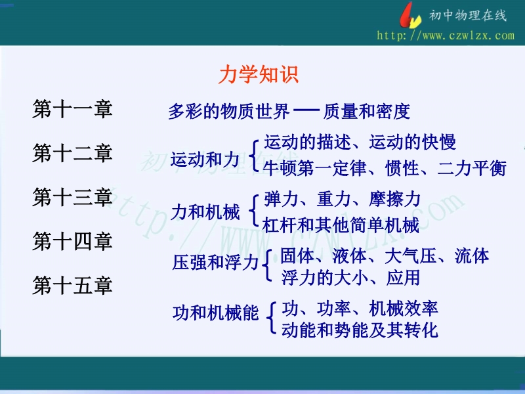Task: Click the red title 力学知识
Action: coord(258,74)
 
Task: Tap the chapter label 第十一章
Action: coord(72,109)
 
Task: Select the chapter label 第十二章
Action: coord(72,153)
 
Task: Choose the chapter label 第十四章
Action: coord(72,241)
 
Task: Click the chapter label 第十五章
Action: coord(72,285)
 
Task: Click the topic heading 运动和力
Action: coord(205,159)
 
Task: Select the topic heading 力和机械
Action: coord(205,212)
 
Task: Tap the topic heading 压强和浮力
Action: coord(216,262)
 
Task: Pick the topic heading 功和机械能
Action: coord(216,313)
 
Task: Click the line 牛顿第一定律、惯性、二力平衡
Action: coord(385,168)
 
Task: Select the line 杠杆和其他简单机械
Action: coord(341,225)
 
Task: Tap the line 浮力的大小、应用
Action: coord(350,278)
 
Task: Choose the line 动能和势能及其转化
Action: coord(360,330)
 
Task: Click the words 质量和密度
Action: coord(367,112)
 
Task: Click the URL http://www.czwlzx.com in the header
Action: coord(446,35)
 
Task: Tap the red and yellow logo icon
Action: coord(410,16)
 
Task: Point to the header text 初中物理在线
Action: coord(468,15)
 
